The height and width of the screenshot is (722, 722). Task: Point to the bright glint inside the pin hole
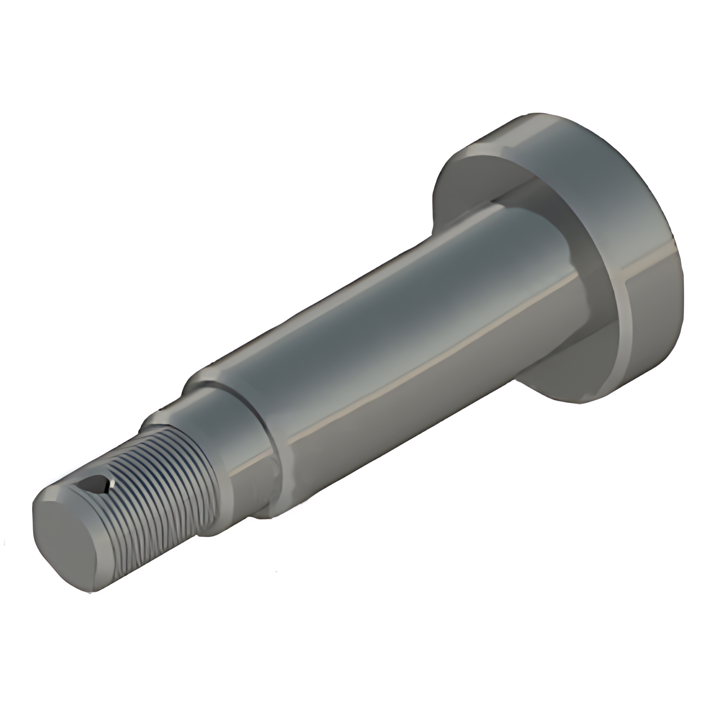click(104, 487)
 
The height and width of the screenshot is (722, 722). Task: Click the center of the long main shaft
click(387, 344)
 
